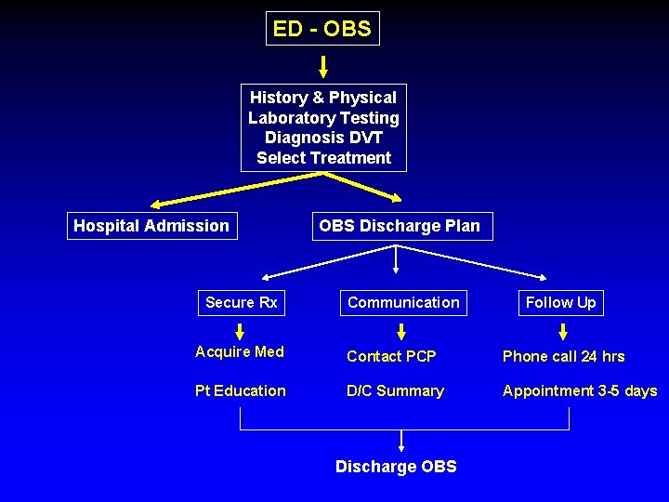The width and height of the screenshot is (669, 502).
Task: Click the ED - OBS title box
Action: point(322,29)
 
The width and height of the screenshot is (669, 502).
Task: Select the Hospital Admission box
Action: point(151,226)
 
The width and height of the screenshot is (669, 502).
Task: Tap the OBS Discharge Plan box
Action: point(400,226)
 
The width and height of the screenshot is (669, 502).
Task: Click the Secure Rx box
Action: point(241,302)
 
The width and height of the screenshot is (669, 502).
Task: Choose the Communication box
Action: point(403,302)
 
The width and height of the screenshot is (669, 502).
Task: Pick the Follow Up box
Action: point(560,302)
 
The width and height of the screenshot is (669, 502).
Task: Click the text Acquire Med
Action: point(240,351)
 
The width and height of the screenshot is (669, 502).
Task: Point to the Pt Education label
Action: point(241,390)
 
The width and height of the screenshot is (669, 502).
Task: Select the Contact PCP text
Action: point(391,356)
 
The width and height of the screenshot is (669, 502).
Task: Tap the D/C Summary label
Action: point(395,390)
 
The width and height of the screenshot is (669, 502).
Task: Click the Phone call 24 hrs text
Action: point(563,356)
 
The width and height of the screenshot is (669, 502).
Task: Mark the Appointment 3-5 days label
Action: point(580,390)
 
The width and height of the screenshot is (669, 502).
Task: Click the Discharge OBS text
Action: point(396,467)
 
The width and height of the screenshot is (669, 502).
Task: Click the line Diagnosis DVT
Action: point(323,138)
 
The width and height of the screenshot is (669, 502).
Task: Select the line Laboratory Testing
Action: point(323,118)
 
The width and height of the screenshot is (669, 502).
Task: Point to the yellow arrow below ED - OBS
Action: point(323,66)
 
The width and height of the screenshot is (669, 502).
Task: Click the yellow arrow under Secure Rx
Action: point(241,331)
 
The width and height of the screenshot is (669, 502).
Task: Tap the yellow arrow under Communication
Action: point(401,332)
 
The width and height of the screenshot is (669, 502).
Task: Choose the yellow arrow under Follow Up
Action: point(562,332)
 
